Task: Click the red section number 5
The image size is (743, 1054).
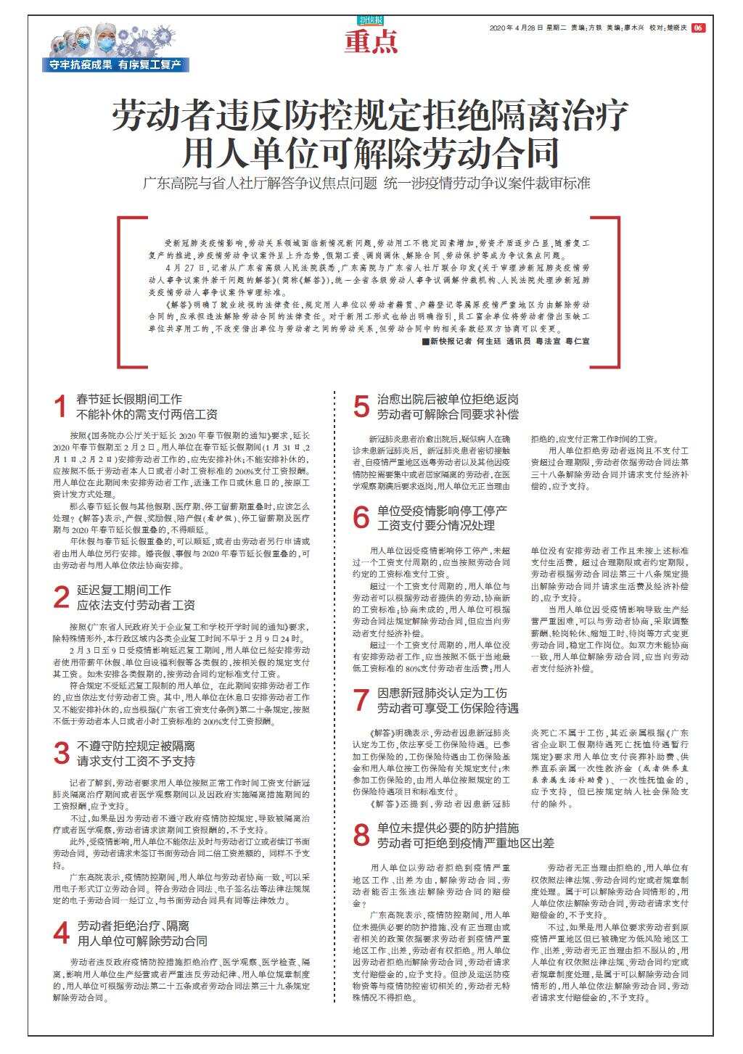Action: coord(361,407)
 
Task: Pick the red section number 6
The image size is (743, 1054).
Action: coord(361,516)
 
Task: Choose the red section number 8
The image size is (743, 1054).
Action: coord(361,835)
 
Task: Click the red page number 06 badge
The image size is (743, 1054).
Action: coord(697,28)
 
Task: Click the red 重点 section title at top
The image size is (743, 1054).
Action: coord(371,43)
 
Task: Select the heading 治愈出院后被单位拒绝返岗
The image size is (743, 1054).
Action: coord(448,399)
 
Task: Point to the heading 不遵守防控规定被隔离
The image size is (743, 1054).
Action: coord(136,745)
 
